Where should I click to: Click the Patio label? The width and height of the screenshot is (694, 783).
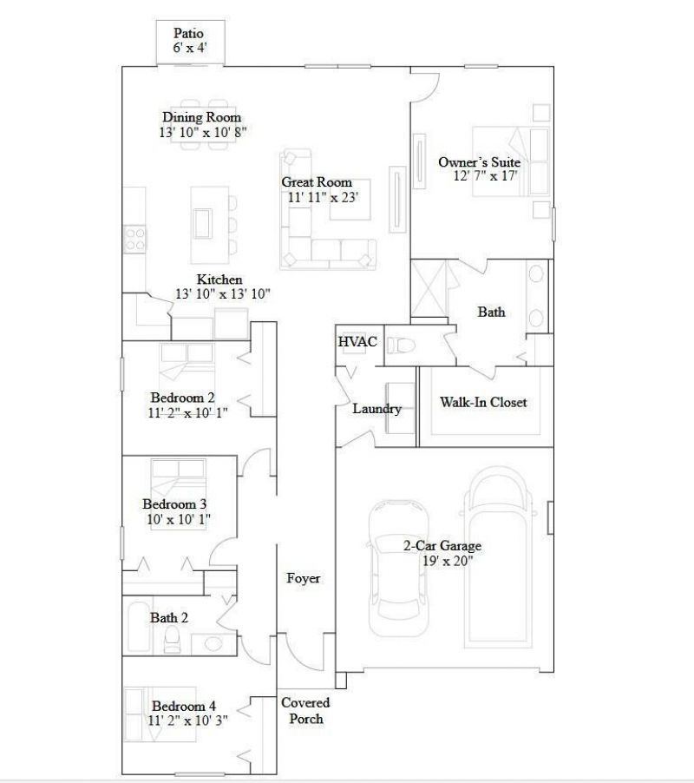(190, 33)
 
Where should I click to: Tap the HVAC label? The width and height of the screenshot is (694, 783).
(357, 342)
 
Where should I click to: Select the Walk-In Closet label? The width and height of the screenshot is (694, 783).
(483, 402)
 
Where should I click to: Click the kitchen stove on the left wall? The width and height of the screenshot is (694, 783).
(134, 238)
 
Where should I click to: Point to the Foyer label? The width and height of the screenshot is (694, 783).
(304, 578)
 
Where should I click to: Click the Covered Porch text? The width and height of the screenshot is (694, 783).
(305, 710)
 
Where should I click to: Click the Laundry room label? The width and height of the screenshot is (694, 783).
(376, 409)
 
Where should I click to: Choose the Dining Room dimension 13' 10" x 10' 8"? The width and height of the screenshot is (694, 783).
(203, 133)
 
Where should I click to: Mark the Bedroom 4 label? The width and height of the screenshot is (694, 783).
(180, 706)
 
